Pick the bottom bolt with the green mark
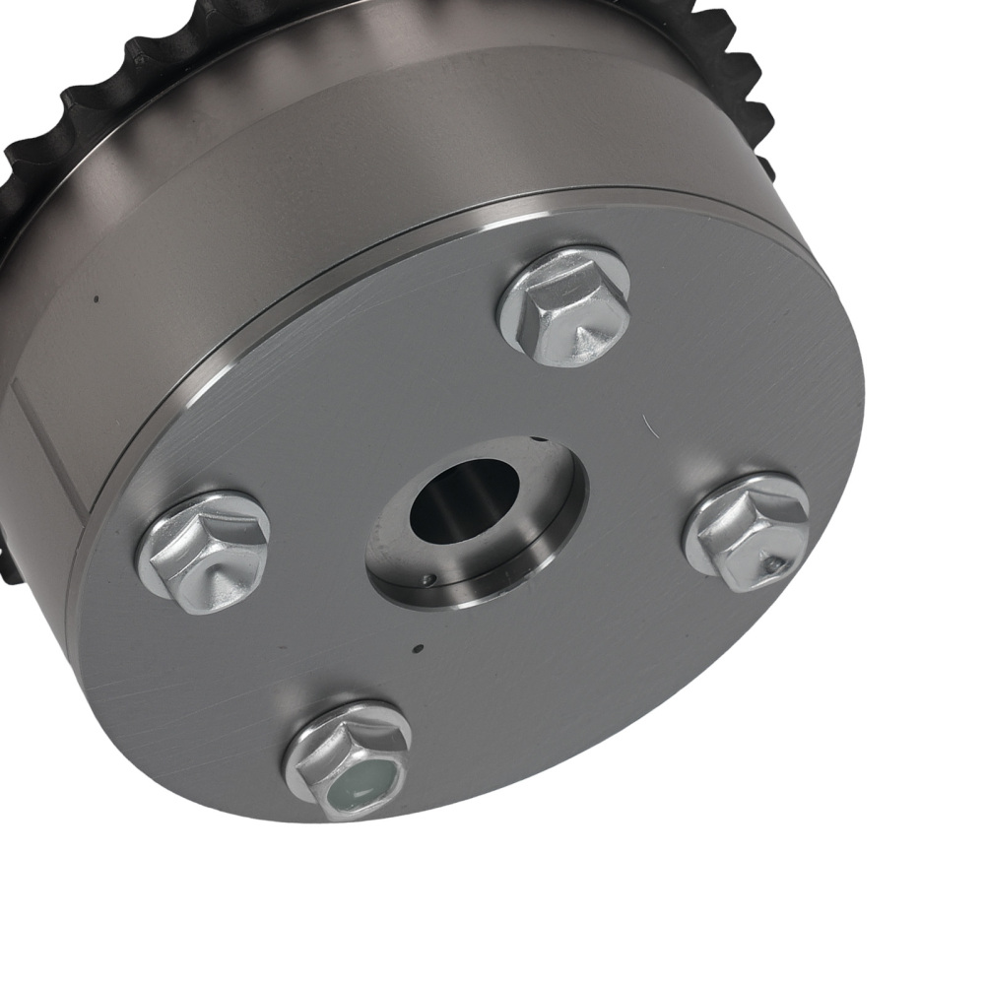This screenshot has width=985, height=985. tap(348, 758)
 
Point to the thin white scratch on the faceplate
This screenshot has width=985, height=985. tap(646, 425)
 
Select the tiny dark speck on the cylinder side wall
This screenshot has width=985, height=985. tap(96, 298)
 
